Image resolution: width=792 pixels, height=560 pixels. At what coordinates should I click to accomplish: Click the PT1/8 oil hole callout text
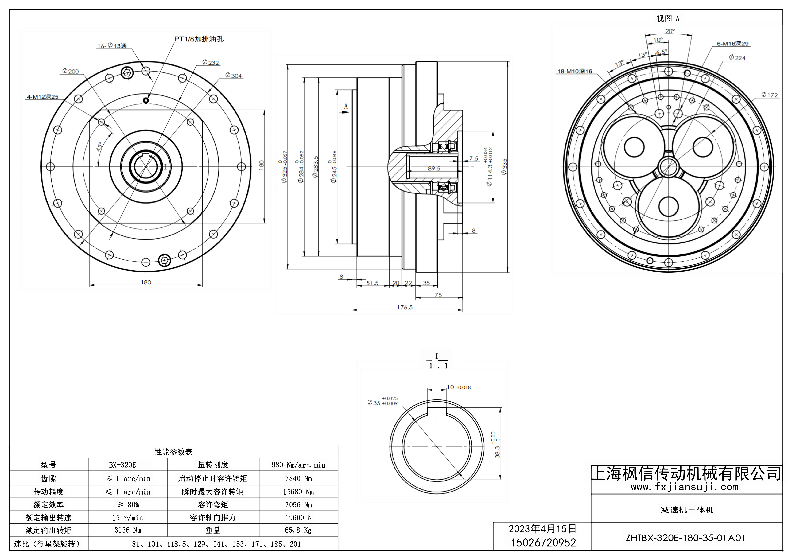[x=199, y=39]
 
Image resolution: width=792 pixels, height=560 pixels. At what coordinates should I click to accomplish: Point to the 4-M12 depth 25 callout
[x=43, y=97]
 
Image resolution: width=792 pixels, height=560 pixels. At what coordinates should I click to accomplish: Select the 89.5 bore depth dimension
[x=434, y=168]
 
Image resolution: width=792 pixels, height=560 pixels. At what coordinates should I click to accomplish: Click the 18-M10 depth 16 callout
[x=575, y=71]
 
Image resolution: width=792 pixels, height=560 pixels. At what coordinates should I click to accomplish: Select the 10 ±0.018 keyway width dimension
[x=459, y=387]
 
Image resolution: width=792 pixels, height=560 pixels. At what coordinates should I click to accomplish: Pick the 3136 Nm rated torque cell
[x=128, y=530]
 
